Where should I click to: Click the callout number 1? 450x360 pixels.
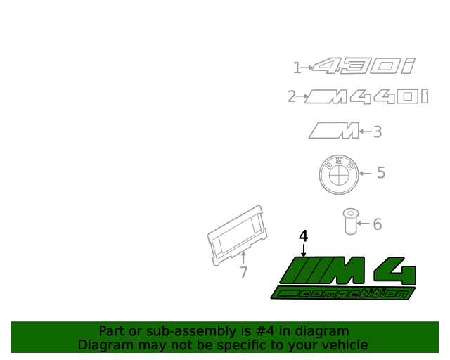coord(297,67)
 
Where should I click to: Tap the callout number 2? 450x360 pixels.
coord(292,96)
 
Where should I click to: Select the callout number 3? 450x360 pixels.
coord(377,131)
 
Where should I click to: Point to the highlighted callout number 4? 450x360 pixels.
coord(303,236)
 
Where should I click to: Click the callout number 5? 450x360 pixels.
coord(381,172)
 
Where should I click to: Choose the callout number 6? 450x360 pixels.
coord(377,224)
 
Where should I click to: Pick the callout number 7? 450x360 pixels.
coord(243,273)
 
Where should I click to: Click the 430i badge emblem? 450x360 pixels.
coord(364,67)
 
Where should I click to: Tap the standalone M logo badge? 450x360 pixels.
coord(333,130)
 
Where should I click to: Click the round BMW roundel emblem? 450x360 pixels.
coord(338,175)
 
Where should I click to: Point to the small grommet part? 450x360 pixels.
coord(349,221)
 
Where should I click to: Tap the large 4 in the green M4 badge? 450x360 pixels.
coord(396,270)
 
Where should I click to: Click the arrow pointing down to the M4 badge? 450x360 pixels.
coord(303,250)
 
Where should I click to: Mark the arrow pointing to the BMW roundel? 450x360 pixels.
coord(365,172)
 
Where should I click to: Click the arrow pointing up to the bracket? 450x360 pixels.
coord(243,257)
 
